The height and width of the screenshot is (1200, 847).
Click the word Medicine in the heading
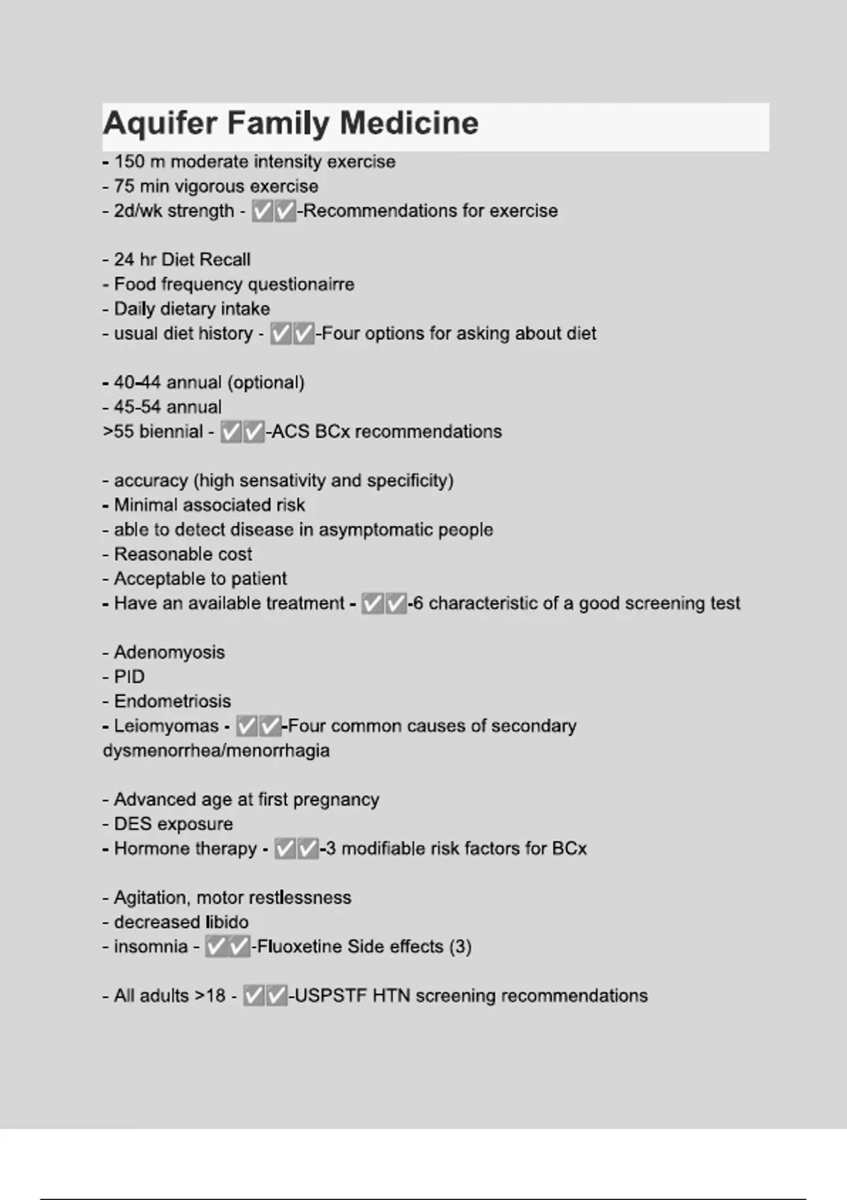coord(409,123)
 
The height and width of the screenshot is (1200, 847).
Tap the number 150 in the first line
coord(129,162)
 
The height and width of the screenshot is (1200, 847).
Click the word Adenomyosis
coord(169,652)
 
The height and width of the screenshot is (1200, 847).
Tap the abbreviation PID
coord(129,677)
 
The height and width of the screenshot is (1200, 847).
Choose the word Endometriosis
coord(172,702)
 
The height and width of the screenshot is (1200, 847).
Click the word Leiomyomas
coord(167,726)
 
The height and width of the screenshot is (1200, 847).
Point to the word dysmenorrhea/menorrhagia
coord(216,750)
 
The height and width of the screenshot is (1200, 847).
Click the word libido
coord(227,922)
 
